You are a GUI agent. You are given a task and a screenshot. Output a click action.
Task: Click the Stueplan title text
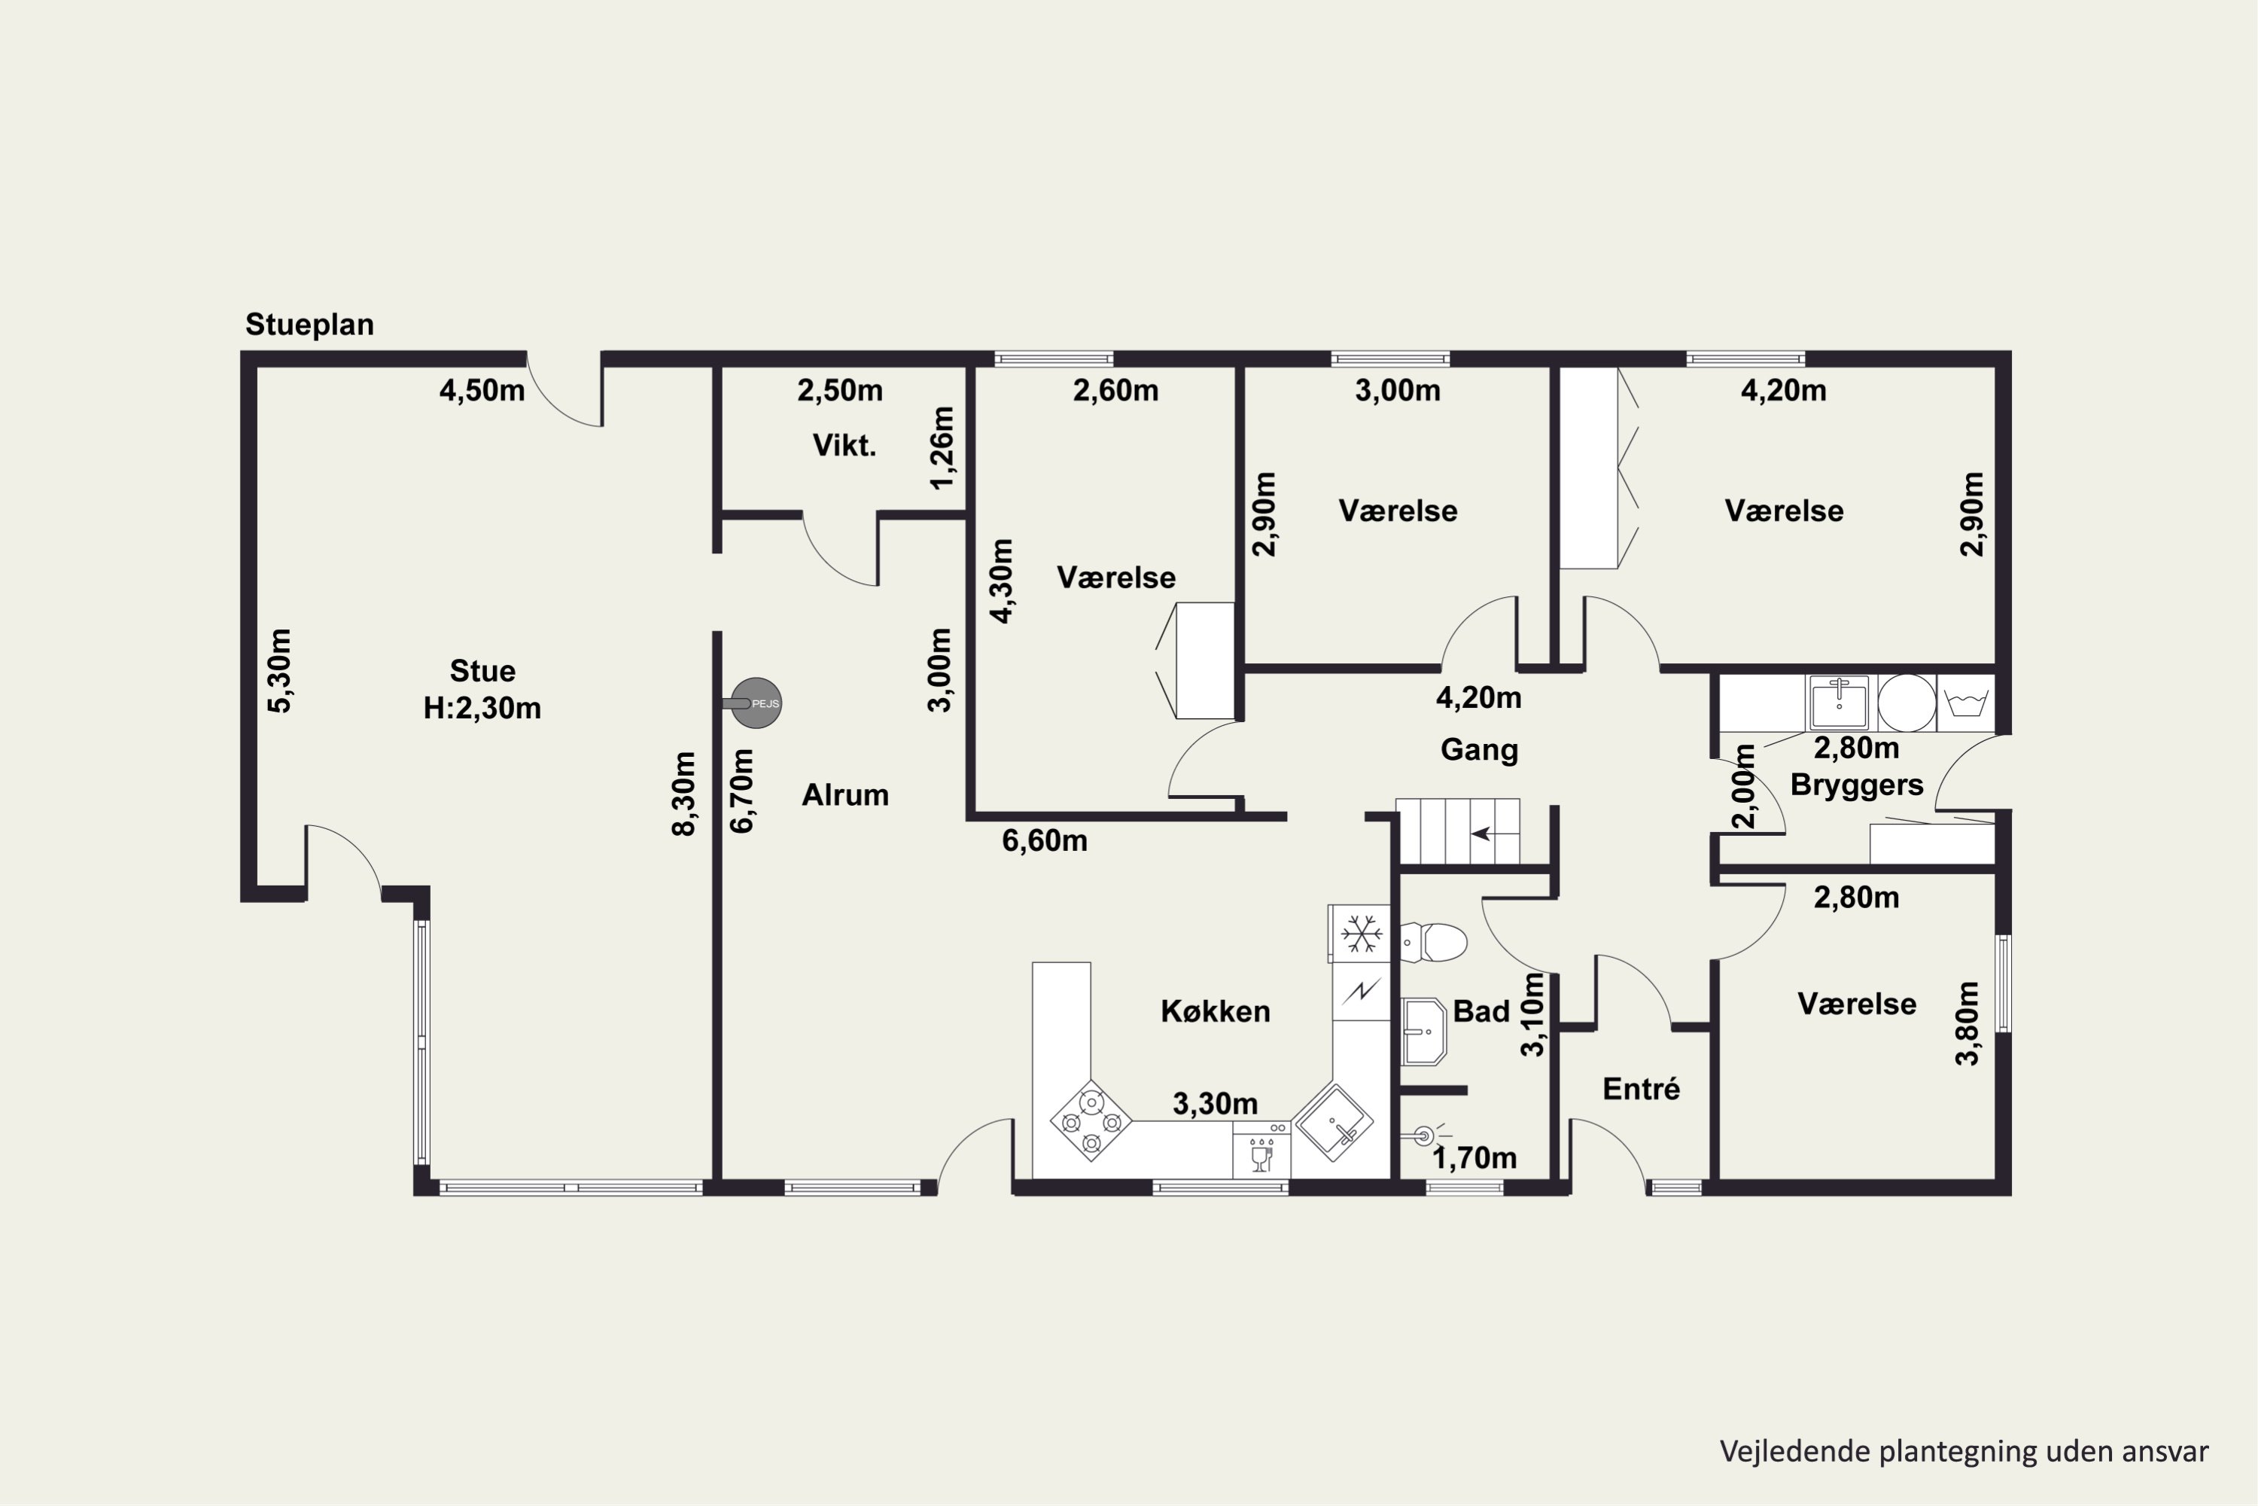coord(309,325)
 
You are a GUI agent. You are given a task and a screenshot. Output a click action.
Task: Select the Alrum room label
coord(844,794)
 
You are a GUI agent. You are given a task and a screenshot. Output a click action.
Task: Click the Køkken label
coord(1216,1011)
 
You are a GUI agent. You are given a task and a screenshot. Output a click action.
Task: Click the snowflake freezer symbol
coord(1360,934)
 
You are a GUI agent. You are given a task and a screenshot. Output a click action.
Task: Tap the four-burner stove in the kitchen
coord(1091,1121)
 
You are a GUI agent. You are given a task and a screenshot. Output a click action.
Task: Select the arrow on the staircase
coord(1481,833)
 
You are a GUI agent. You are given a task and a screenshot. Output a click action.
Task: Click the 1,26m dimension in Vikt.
coord(943,447)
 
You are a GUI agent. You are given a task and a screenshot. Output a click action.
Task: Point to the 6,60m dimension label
coord(1045,840)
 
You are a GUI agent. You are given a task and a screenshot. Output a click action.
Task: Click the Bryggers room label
coord(1857,785)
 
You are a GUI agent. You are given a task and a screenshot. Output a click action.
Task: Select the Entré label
coord(1642,1088)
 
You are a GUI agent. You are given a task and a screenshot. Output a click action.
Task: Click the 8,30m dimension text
coord(683,794)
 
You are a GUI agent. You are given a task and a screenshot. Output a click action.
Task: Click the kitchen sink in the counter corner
coord(1332,1122)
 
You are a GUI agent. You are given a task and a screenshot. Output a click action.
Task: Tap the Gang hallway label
coord(1480,750)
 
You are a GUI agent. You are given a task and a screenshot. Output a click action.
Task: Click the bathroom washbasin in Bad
coord(1424,1032)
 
